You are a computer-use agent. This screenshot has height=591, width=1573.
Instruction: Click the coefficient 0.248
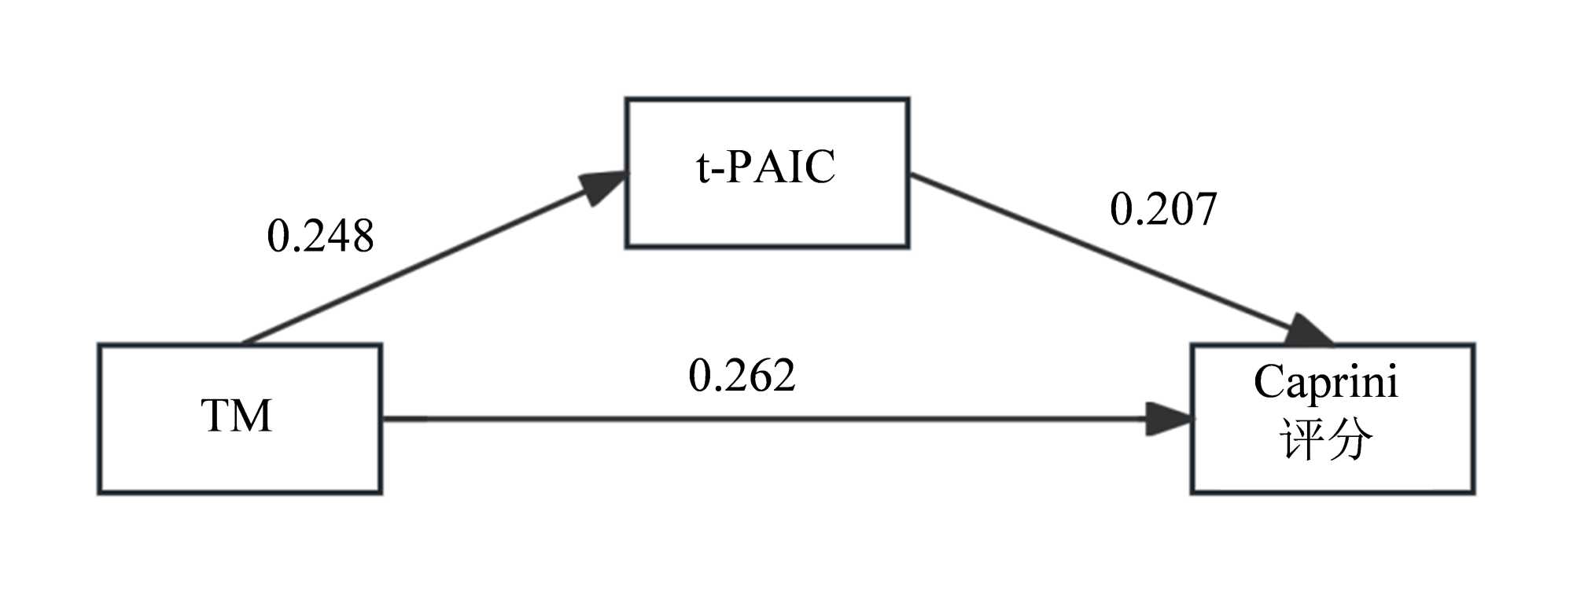(320, 236)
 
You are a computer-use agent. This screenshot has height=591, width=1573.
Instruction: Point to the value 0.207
(1163, 210)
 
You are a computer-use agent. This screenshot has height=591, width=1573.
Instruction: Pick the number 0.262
(742, 376)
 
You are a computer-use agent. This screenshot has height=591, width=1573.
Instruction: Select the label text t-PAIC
(766, 167)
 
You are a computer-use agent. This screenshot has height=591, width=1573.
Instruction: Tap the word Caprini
(1326, 383)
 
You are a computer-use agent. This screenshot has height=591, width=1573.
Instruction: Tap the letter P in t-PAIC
(739, 167)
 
